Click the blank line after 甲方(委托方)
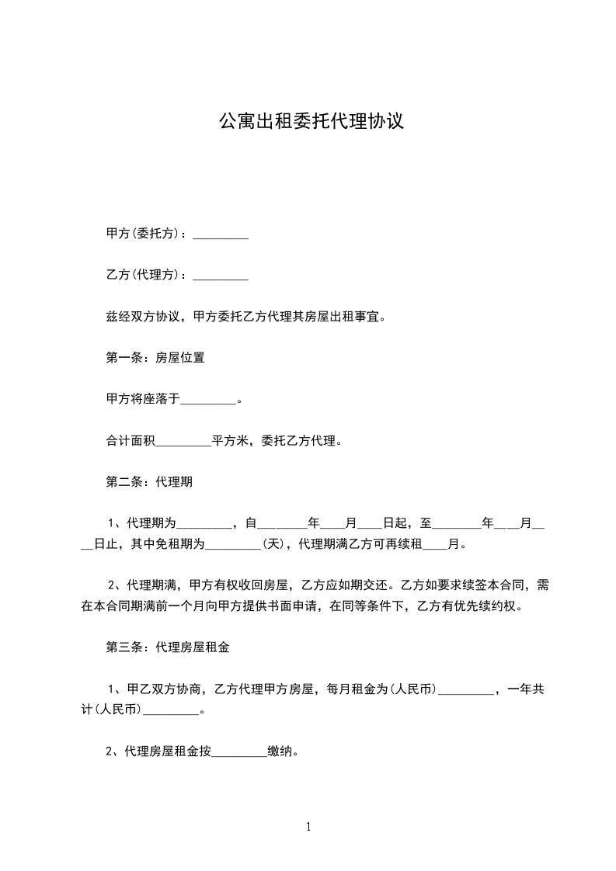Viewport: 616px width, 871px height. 221,234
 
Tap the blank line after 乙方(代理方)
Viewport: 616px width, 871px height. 221,276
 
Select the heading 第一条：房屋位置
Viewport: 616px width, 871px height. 155,358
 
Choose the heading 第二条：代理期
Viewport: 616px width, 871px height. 149,482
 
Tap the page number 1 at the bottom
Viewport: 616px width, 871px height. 308,827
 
